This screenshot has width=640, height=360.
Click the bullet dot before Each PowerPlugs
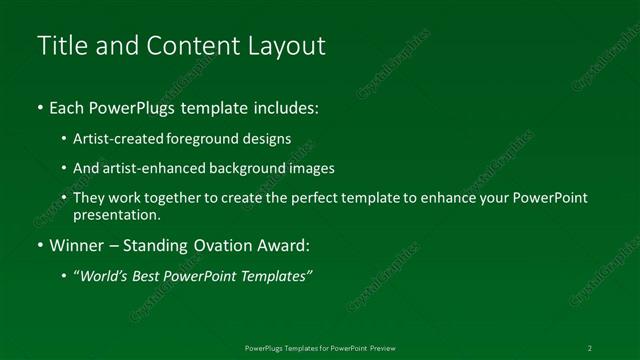(x=40, y=107)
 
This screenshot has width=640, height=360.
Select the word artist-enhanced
(x=146, y=168)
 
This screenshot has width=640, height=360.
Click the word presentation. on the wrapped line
(x=116, y=214)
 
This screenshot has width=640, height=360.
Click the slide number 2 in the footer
(x=590, y=348)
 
